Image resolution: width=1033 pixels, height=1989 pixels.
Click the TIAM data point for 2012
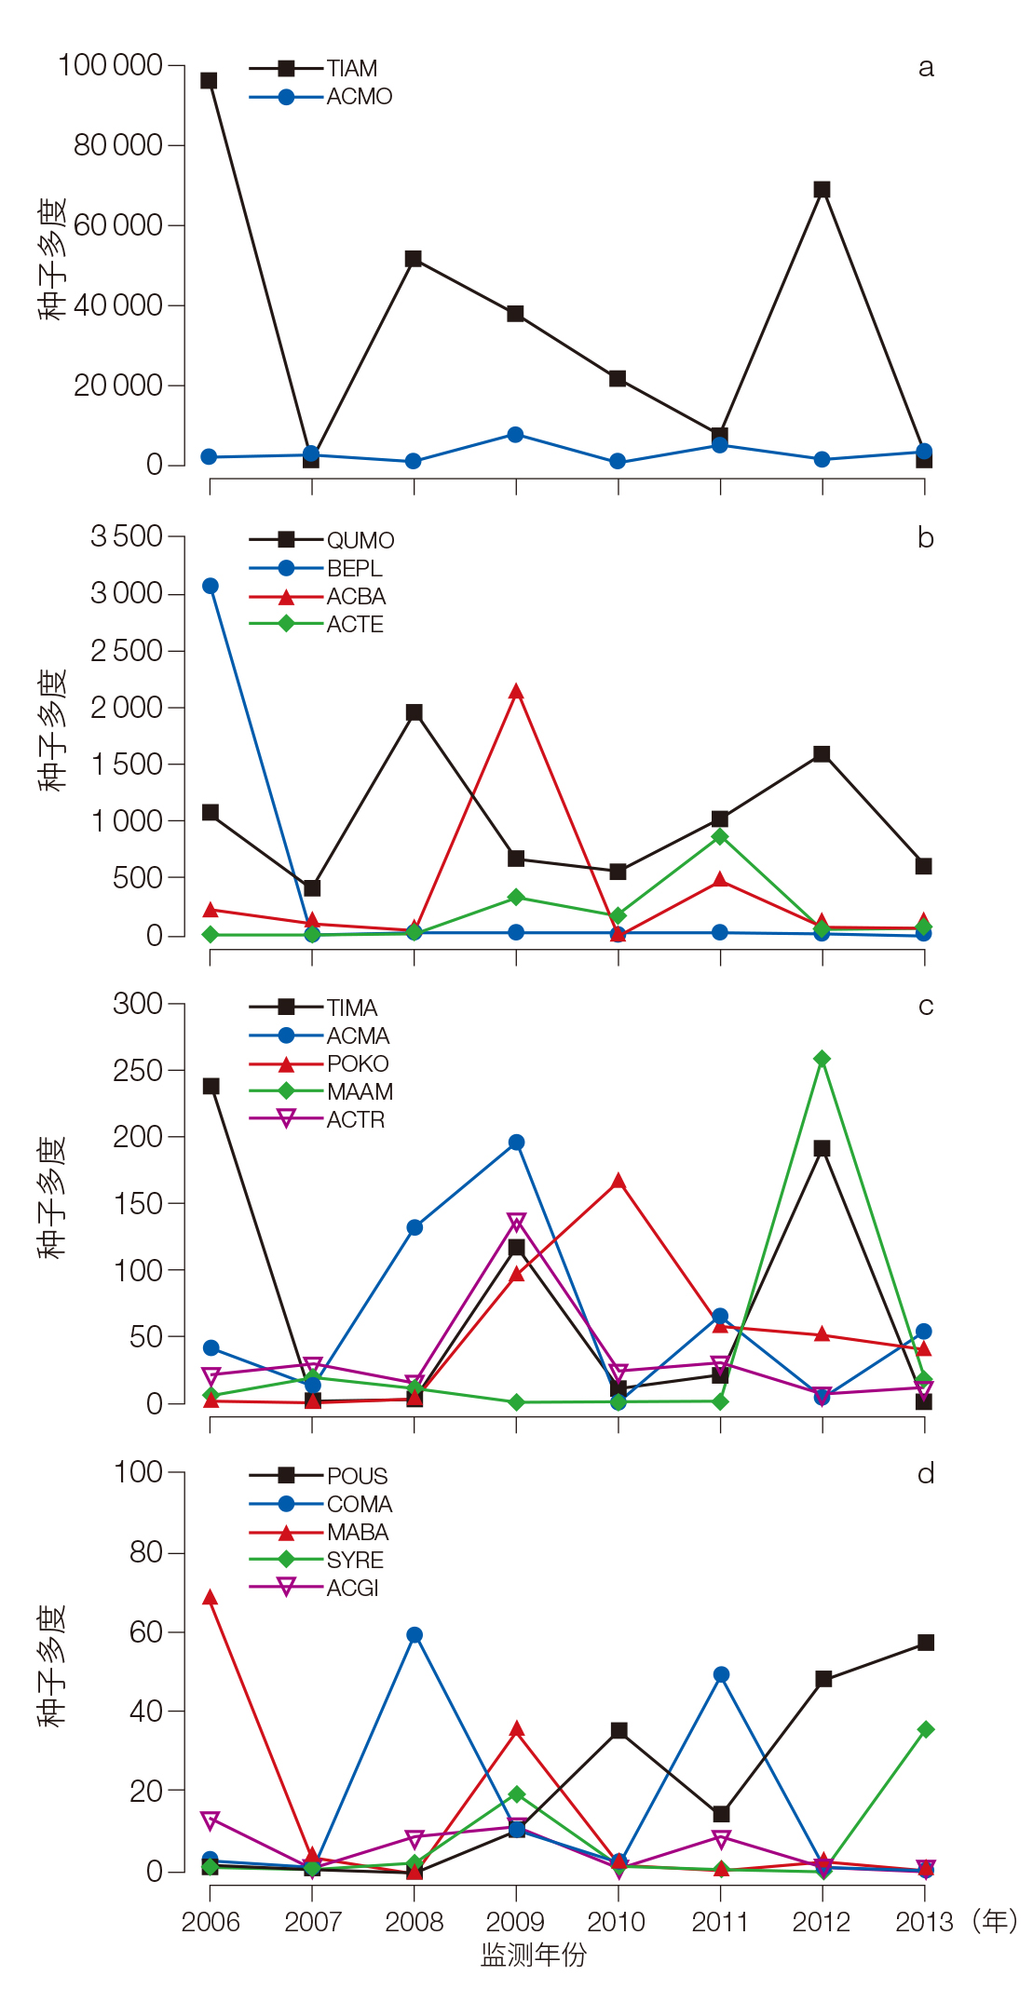click(x=822, y=189)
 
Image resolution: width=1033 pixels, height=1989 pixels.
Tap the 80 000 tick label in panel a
click(x=118, y=145)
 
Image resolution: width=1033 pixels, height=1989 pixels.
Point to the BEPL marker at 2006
click(x=211, y=586)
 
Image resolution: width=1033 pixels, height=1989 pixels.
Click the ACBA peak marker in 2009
click(x=516, y=692)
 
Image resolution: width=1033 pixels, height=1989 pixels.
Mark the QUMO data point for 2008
click(x=415, y=712)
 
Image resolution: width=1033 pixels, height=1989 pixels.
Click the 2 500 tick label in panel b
click(x=127, y=650)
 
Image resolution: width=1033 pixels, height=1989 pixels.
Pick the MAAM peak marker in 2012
click(x=822, y=1059)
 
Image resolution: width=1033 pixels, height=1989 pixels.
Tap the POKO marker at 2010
click(x=618, y=1182)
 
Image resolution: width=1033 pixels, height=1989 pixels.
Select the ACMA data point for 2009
click(x=516, y=1143)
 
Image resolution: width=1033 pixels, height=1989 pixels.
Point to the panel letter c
click(x=926, y=1006)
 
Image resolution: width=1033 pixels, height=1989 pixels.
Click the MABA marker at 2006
click(x=211, y=1598)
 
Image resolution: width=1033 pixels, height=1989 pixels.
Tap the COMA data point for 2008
click(x=415, y=1635)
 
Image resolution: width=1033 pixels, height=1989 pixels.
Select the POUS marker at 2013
click(x=926, y=1643)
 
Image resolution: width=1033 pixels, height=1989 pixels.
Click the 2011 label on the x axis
click(x=719, y=1921)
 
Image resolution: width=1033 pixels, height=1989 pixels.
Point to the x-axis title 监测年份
click(x=534, y=1955)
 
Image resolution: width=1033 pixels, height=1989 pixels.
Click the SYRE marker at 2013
click(x=926, y=1729)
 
